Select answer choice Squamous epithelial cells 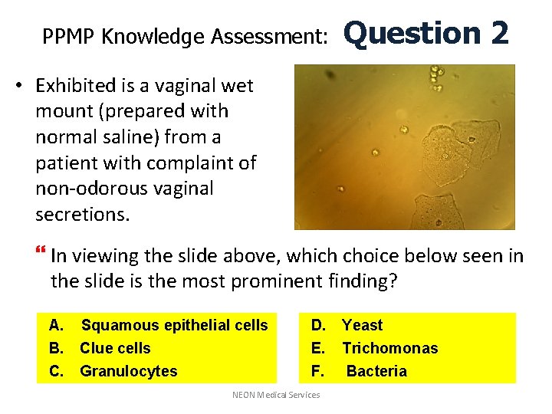(175, 325)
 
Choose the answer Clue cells (115, 348)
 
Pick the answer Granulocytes (128, 371)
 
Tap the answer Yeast (362, 325)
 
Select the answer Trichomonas (389, 348)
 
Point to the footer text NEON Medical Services (276, 395)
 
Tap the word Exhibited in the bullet (80, 85)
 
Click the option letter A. (54, 325)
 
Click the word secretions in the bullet (83, 214)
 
